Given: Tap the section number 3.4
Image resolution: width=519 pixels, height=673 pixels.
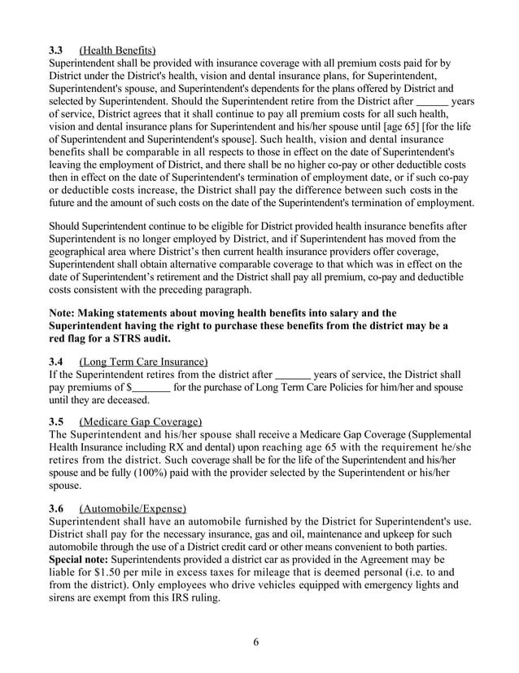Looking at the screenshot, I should pos(58,361).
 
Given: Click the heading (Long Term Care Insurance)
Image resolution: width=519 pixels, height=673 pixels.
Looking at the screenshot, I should pos(143,361).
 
